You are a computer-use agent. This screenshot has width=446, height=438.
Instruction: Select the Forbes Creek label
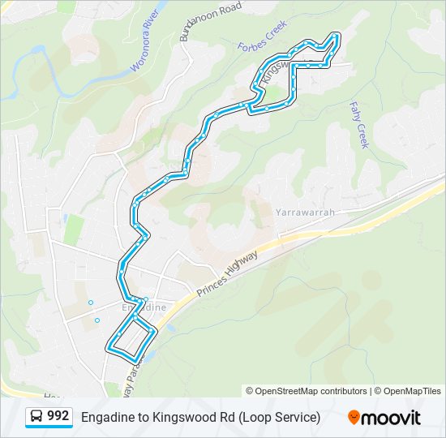(x=262, y=36)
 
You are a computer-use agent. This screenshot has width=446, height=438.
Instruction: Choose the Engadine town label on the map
(x=144, y=307)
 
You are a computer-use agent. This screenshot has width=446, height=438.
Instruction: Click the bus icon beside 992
(x=36, y=416)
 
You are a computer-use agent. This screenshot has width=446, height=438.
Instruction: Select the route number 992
(x=58, y=416)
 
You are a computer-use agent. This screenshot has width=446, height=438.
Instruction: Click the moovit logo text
(x=392, y=418)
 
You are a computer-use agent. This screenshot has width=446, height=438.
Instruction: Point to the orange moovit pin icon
(x=354, y=417)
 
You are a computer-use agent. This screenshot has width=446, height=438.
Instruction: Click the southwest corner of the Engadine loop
(x=109, y=349)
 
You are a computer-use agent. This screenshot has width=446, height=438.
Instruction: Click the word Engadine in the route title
(x=104, y=417)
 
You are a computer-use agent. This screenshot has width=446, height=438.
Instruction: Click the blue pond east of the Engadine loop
(x=171, y=329)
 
